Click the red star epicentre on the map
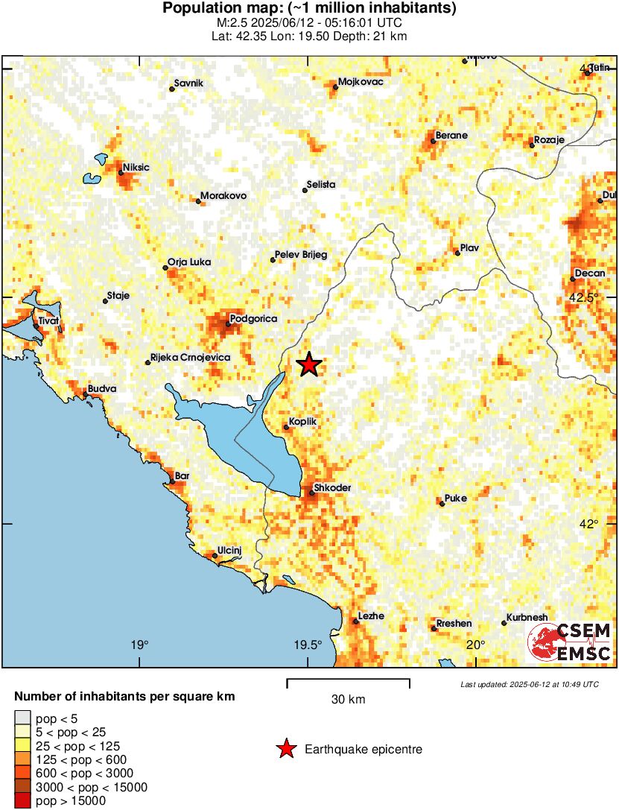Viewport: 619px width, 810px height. point(309,364)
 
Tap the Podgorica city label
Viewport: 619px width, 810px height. point(253,319)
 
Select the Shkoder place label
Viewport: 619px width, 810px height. point(332,488)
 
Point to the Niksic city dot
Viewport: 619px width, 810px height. point(121,173)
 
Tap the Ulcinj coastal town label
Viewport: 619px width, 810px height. point(229,550)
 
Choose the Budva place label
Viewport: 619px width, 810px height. point(102,389)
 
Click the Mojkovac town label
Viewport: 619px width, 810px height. point(361,82)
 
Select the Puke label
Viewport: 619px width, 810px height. point(455,499)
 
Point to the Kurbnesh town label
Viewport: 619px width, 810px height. point(527,618)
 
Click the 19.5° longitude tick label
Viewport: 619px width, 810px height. point(308,645)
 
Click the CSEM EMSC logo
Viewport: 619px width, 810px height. point(570,642)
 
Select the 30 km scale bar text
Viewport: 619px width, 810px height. point(348,700)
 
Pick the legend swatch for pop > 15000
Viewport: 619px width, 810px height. point(23,801)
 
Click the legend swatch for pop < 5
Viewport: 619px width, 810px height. point(23,719)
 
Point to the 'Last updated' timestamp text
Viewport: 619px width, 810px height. point(529,684)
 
